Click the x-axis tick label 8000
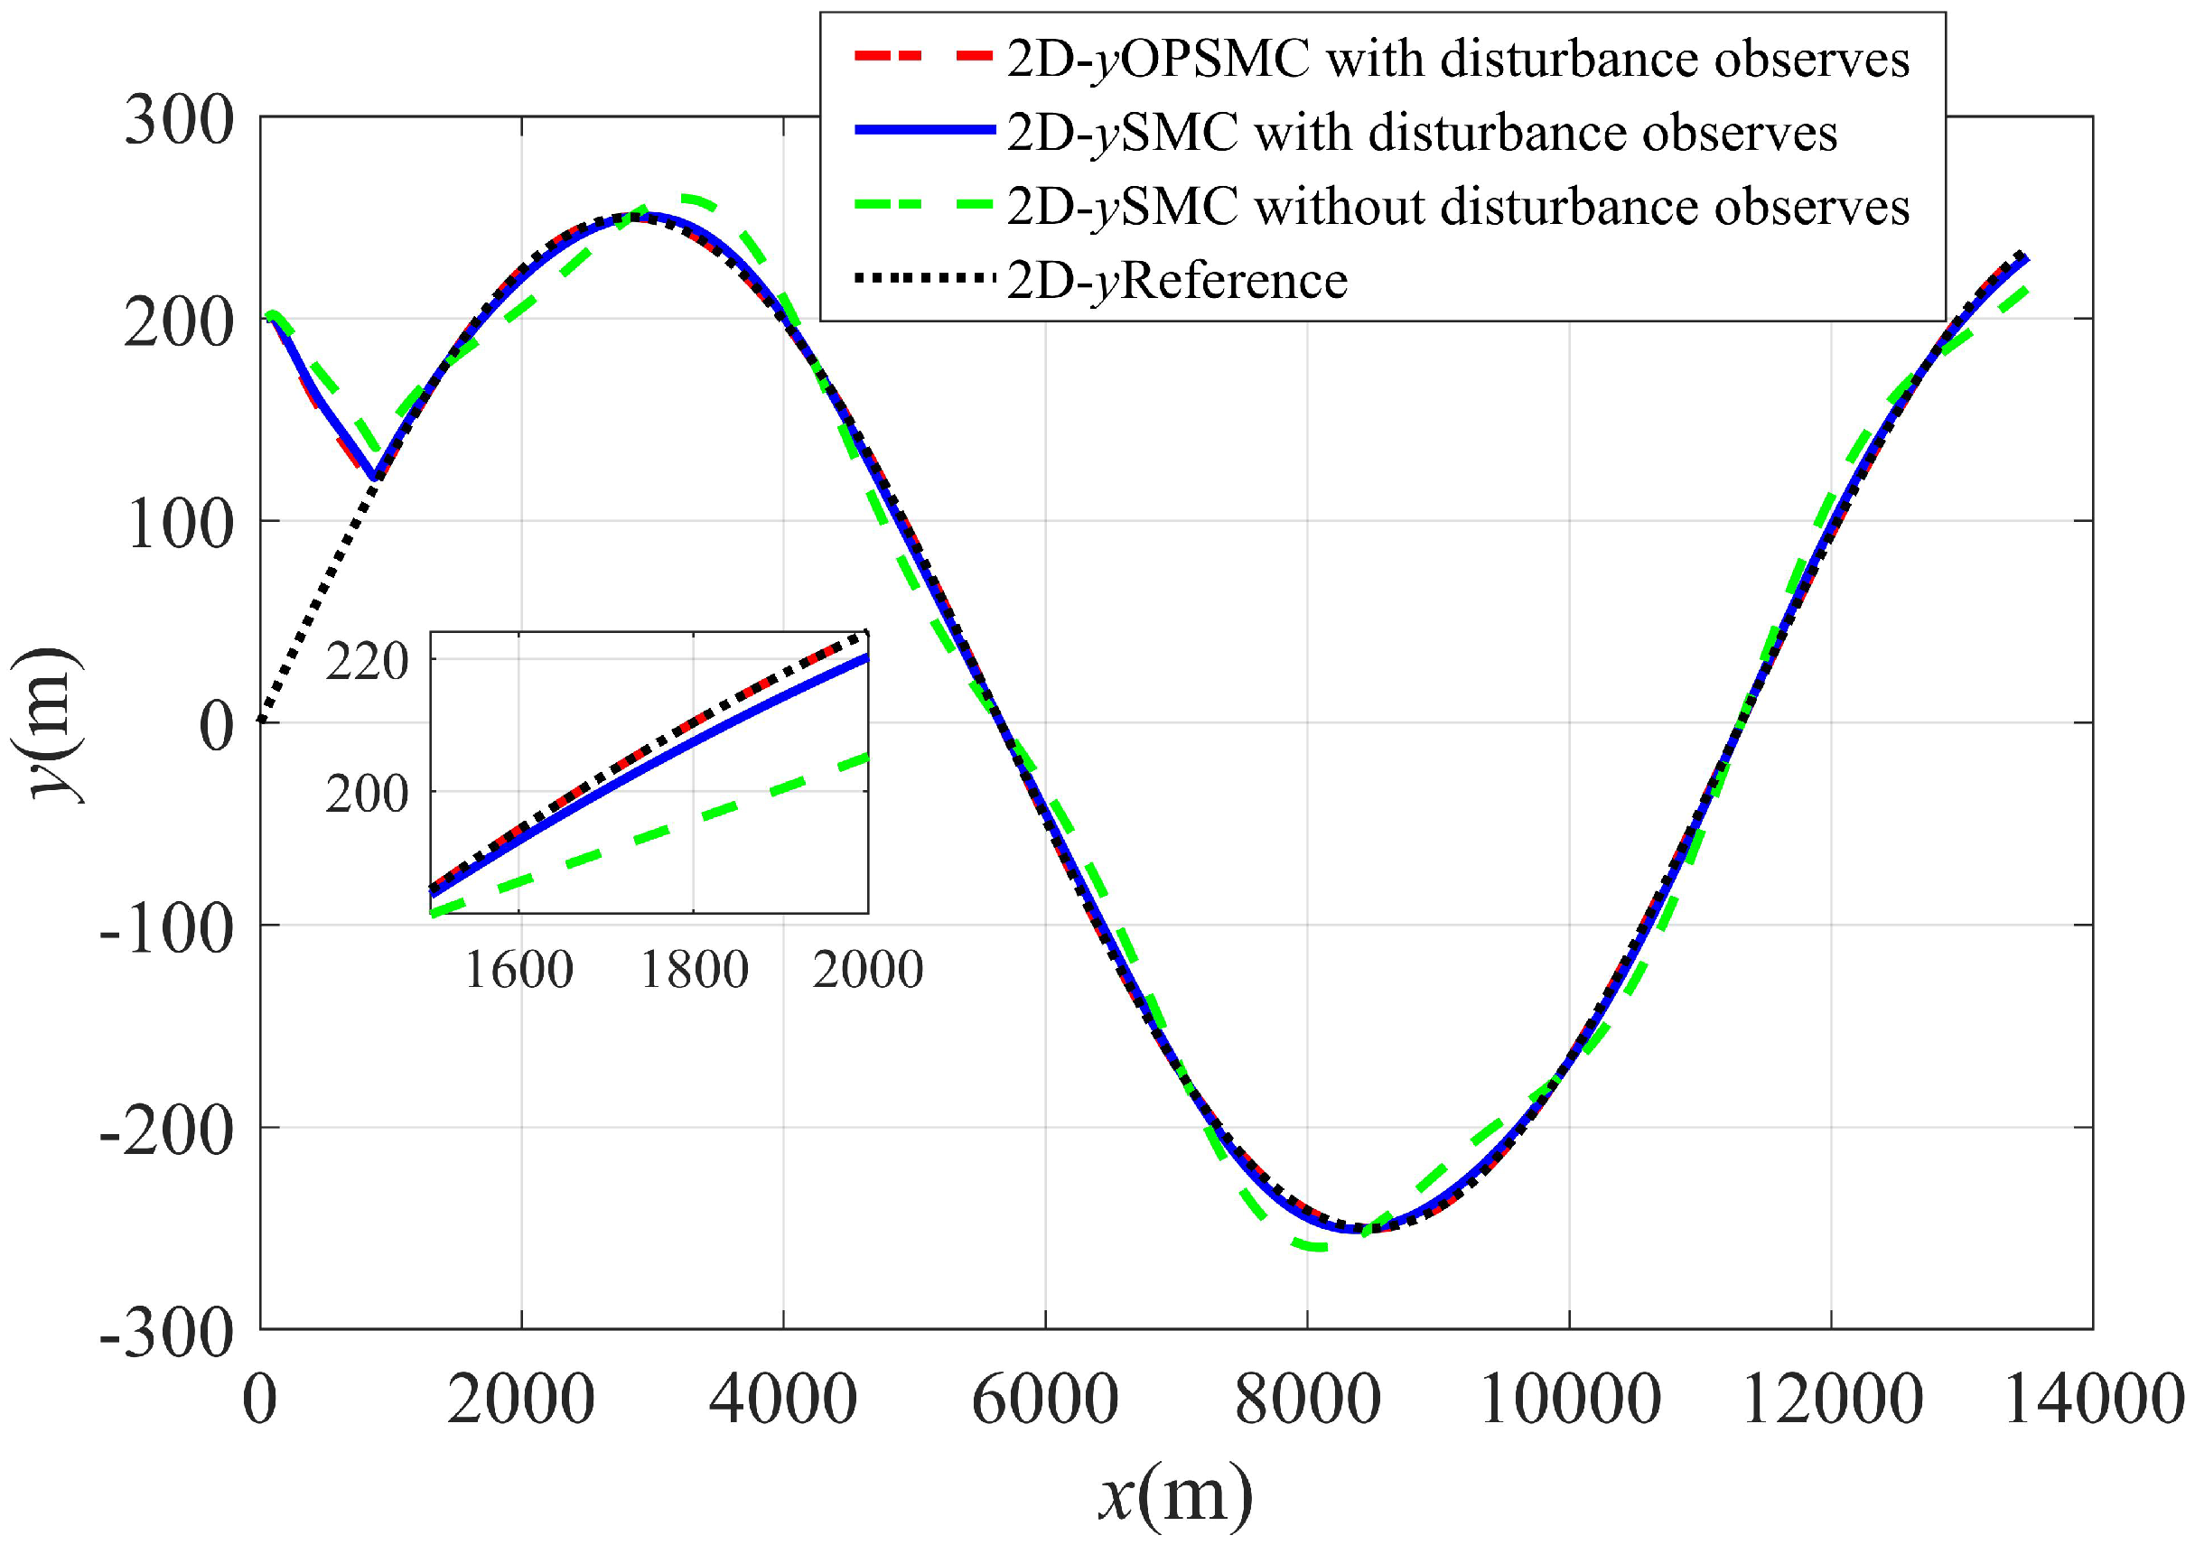point(1308,1400)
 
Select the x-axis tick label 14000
point(2093,1400)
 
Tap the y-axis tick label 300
point(180,122)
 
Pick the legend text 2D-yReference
point(1177,281)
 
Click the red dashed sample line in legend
point(923,58)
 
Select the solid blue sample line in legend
point(923,131)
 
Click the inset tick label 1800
point(694,970)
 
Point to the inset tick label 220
point(368,662)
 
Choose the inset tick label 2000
point(868,970)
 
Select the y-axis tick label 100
point(180,526)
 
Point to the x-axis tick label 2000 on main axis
point(522,1400)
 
